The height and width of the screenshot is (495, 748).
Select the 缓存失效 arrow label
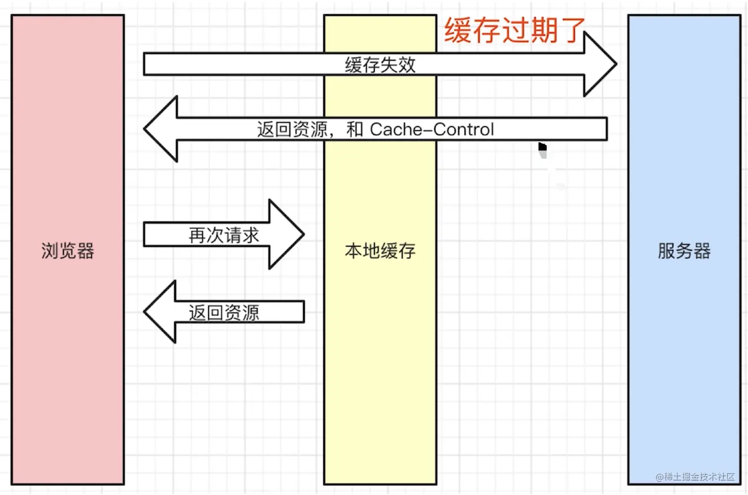(380, 65)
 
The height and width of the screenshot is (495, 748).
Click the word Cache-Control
(432, 130)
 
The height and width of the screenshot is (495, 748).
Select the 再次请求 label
(224, 235)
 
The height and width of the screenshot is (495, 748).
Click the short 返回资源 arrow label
(224, 313)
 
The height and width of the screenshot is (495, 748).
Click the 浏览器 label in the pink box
(68, 251)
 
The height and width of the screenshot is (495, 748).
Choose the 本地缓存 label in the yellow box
(380, 251)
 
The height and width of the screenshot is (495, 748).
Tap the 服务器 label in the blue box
(684, 251)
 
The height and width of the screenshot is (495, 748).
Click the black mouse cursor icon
(543, 147)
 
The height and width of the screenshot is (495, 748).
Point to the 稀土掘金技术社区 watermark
(695, 477)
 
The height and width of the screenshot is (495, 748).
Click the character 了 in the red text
(573, 31)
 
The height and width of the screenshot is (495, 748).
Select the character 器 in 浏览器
(86, 251)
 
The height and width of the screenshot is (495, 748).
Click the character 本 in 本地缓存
(353, 251)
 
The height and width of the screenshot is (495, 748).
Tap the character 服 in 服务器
(666, 251)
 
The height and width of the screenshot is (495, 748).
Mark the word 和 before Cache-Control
(354, 130)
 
